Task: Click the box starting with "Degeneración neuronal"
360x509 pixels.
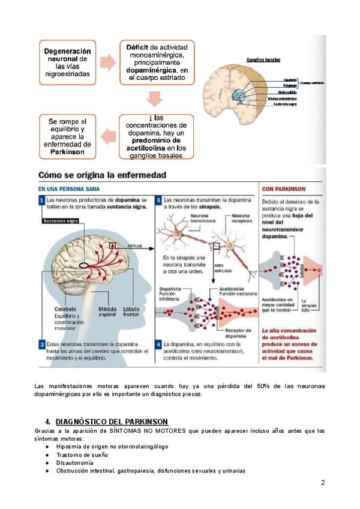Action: coord(67,63)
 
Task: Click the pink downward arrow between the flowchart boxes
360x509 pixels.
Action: coord(155,98)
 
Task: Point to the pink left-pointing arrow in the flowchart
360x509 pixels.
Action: coord(108,136)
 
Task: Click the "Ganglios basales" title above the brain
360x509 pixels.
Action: coord(263,59)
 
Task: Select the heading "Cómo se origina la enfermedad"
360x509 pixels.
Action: coord(103,175)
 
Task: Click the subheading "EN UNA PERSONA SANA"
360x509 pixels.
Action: coord(65,188)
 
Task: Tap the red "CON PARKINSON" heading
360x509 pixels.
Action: coord(286,188)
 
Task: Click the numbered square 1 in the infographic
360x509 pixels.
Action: coord(42,199)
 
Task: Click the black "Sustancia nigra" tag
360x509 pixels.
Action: coord(61,221)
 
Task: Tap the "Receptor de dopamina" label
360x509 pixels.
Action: coord(242,333)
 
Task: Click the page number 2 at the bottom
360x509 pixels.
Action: coord(323,483)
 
